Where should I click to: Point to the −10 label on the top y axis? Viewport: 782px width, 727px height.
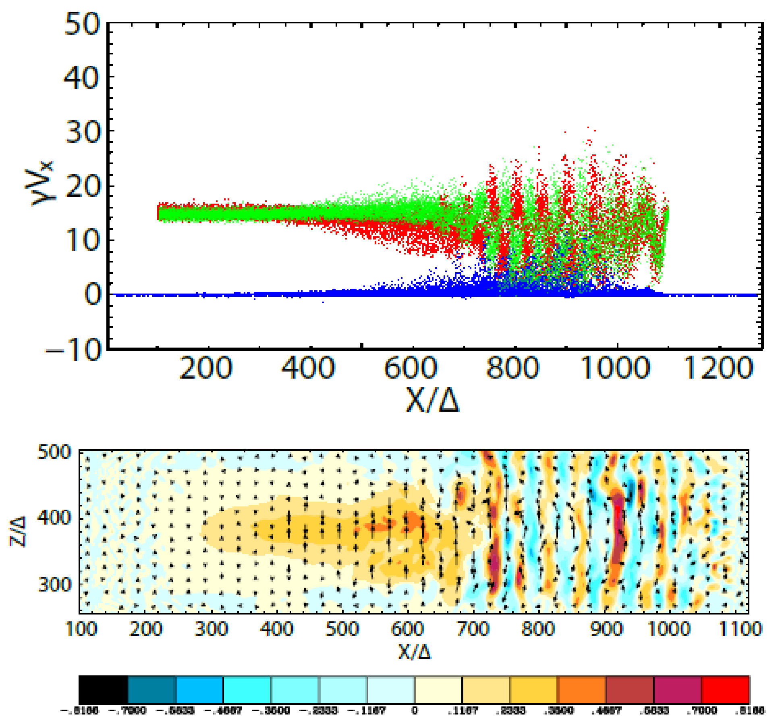click(x=74, y=349)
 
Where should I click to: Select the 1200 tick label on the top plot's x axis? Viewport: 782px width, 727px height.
click(x=718, y=368)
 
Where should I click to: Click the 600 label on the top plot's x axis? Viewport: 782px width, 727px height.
click(x=411, y=368)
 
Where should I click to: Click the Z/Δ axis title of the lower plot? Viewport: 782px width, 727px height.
click(x=18, y=531)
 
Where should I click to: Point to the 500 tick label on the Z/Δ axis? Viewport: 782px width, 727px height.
click(x=54, y=452)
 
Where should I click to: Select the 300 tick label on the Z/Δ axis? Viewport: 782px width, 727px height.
click(x=54, y=584)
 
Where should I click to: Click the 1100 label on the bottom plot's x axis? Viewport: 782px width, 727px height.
click(x=740, y=629)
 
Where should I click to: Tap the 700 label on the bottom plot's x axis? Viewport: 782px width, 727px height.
click(x=473, y=629)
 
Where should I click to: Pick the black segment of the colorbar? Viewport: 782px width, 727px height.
click(x=103, y=690)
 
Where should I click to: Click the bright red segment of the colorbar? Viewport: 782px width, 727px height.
click(x=725, y=690)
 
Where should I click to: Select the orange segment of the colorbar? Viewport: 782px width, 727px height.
click(x=581, y=690)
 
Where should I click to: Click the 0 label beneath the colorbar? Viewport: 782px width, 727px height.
click(x=415, y=711)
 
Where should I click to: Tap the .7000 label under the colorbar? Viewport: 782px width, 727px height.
click(x=701, y=711)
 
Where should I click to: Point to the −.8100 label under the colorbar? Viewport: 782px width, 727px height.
click(x=79, y=711)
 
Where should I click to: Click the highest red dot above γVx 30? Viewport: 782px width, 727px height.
click(x=588, y=127)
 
